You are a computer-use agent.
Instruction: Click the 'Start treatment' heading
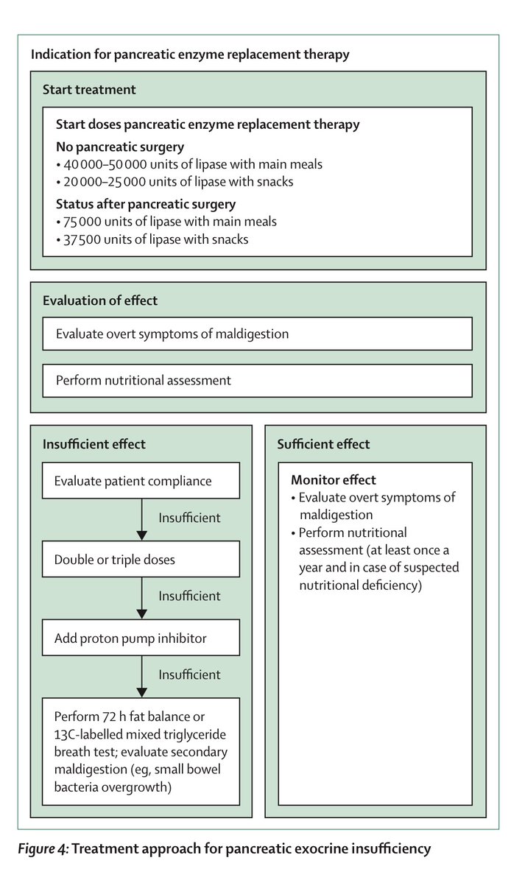pos(89,89)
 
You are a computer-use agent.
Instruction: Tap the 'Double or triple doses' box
pos(141,559)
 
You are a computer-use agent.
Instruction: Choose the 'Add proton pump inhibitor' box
pos(141,637)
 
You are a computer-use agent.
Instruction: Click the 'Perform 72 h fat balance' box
pos(141,750)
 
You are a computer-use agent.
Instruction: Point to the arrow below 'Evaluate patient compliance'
pos(140,520)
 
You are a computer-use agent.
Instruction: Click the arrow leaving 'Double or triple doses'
pos(140,598)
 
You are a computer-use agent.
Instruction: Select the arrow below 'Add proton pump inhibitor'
pos(140,676)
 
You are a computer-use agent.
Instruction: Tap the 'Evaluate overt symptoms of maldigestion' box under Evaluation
pos(257,334)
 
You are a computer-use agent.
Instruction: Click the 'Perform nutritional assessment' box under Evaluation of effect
pos(257,381)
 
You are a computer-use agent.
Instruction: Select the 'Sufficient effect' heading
pos(323,444)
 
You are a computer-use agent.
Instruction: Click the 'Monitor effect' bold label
pos(334,480)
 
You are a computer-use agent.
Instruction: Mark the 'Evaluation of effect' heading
pos(100,300)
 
